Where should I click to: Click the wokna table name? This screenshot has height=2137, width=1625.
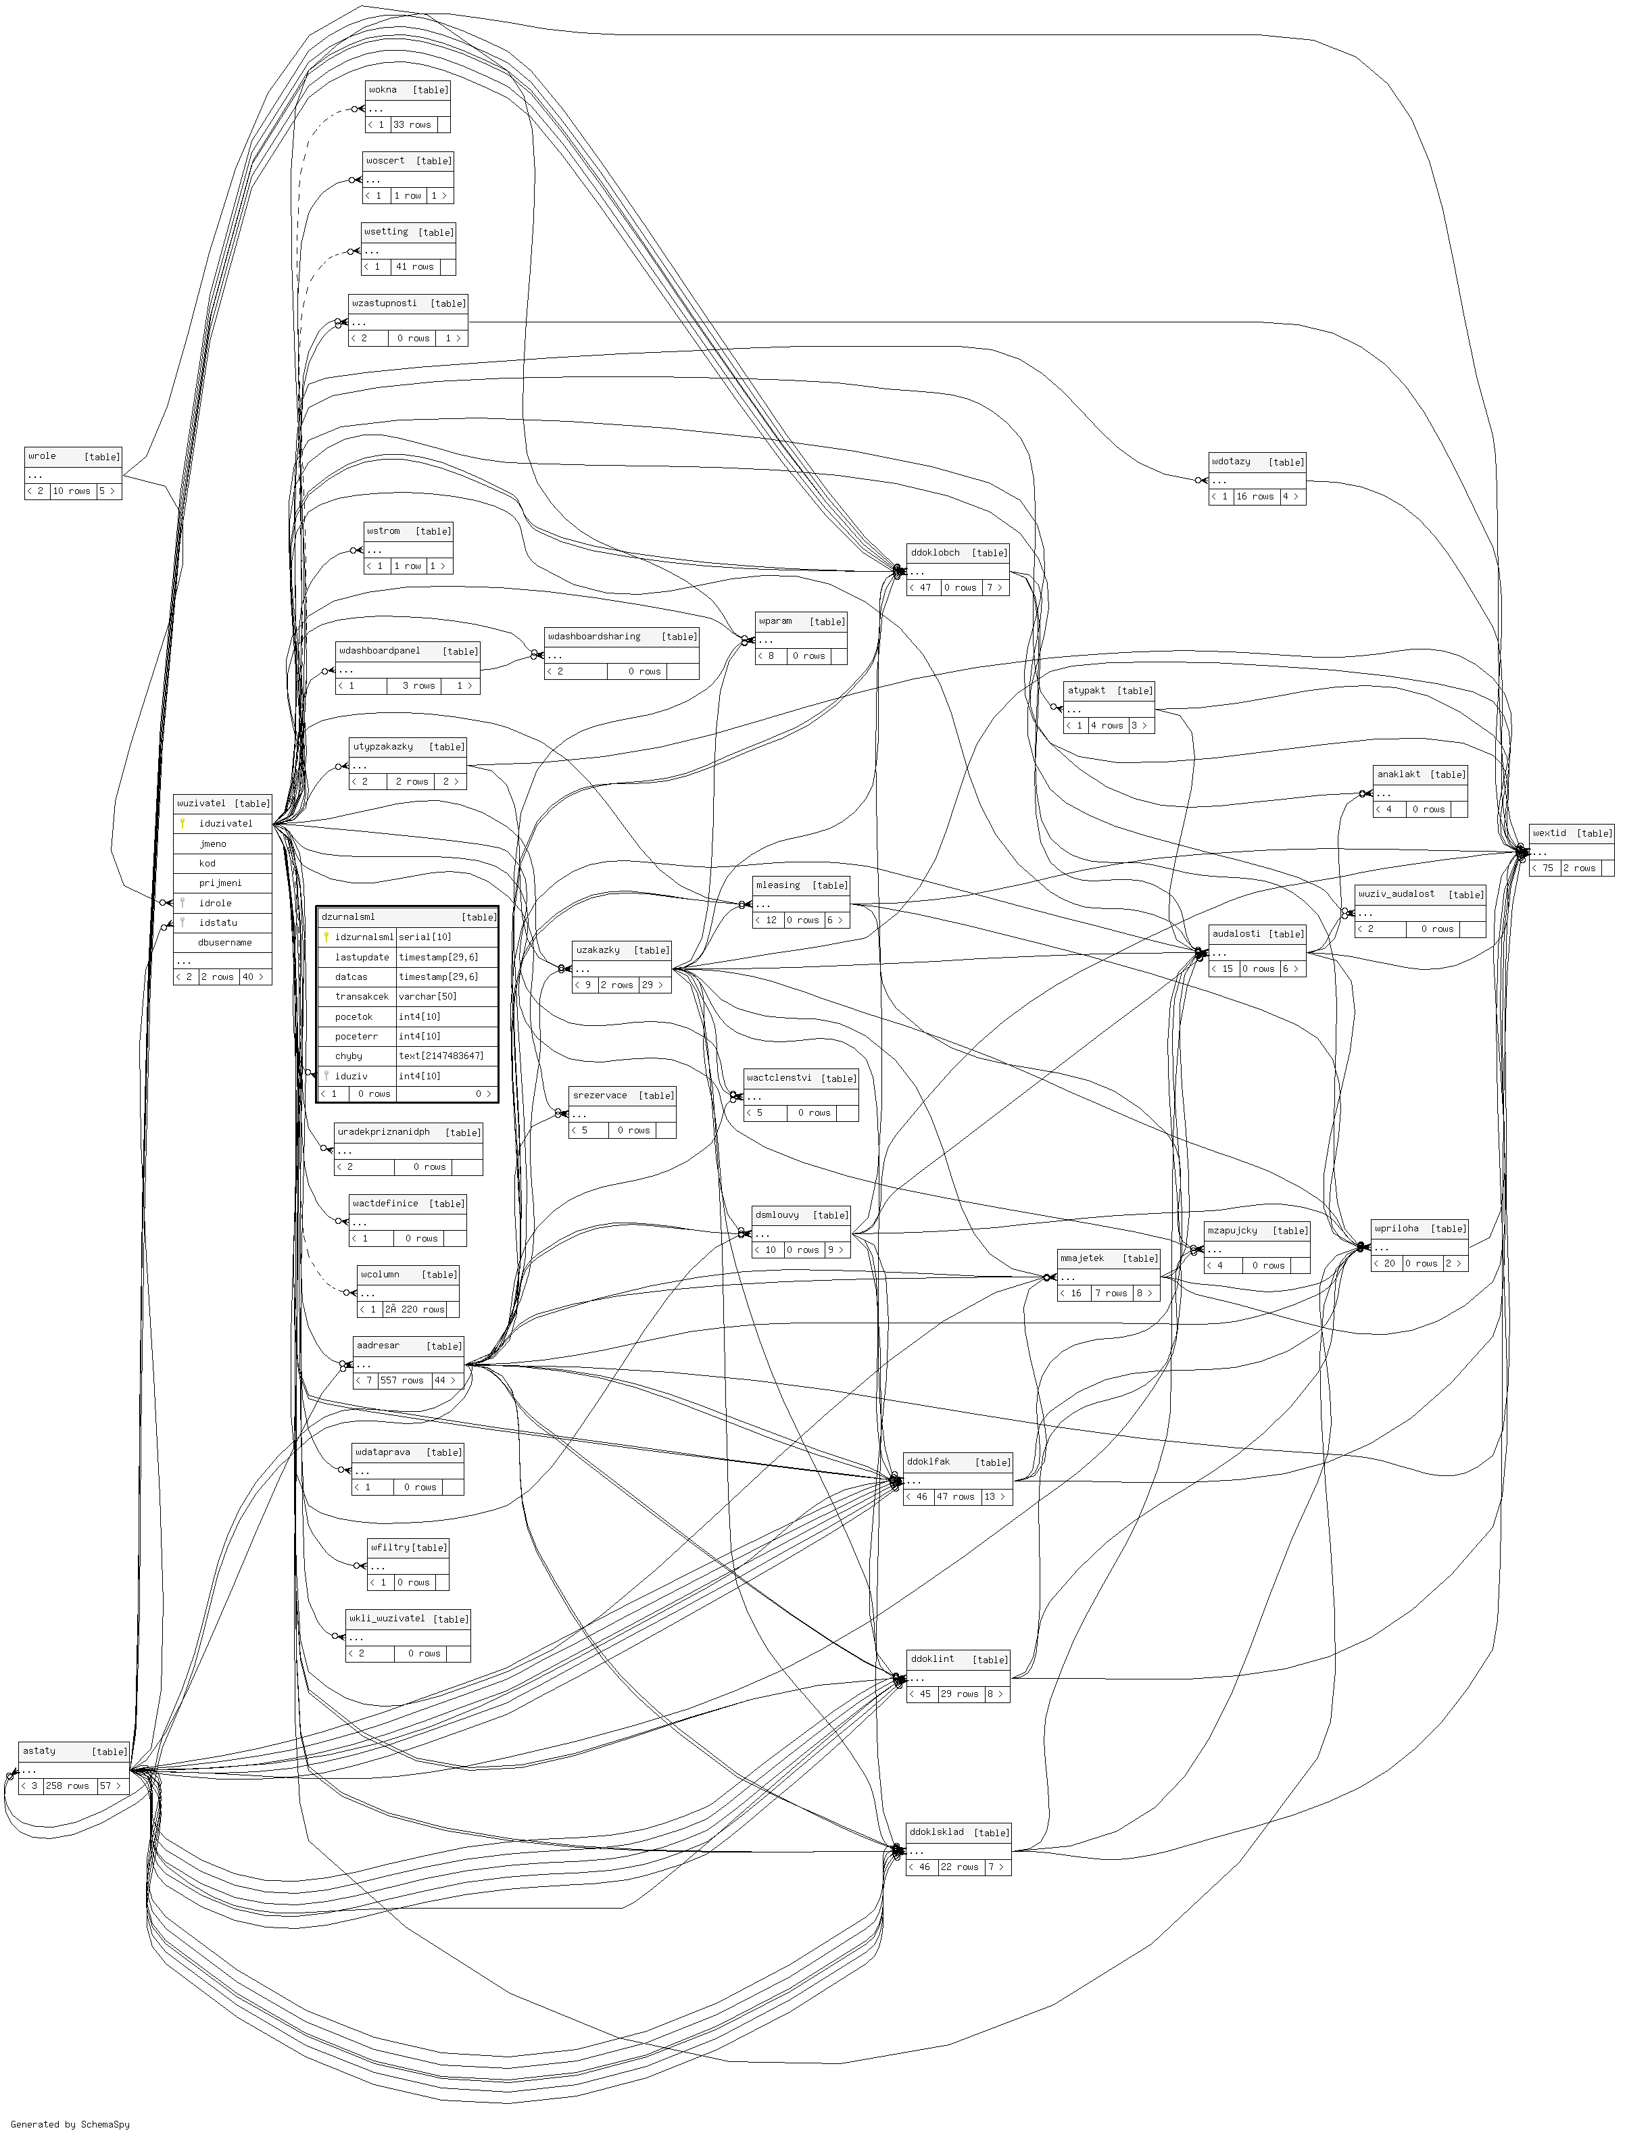point(383,90)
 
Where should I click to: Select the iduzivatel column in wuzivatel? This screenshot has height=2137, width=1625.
point(225,824)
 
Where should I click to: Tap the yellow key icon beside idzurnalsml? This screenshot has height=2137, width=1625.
point(327,937)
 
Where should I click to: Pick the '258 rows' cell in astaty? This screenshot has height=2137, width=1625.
point(68,1786)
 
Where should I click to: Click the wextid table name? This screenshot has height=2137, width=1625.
point(1549,833)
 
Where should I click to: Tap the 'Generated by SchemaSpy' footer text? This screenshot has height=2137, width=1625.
point(70,2124)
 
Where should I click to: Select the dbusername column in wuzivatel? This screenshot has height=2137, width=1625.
point(224,942)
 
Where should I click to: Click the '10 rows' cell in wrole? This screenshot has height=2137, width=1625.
point(72,491)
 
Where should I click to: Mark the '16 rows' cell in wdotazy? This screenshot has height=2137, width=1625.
point(1255,497)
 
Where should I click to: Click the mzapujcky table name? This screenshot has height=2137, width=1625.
point(1232,1230)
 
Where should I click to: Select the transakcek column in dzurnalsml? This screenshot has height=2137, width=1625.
point(362,996)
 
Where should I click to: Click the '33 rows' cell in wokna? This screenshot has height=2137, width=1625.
point(413,125)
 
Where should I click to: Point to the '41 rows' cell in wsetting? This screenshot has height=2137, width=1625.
point(415,267)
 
